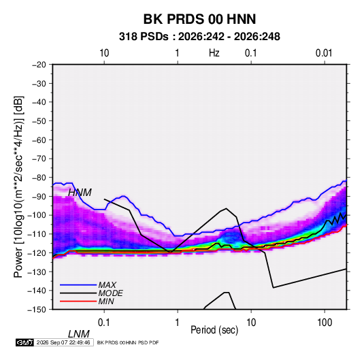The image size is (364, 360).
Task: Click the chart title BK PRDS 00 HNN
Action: [x=199, y=19]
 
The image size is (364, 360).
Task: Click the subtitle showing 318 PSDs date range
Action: [x=199, y=37]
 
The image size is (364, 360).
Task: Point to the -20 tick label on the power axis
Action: [x=39, y=65]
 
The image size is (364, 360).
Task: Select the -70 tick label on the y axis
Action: [x=39, y=159]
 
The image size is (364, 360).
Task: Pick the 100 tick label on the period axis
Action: [x=325, y=323]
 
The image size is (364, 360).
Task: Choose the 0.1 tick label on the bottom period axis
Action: [x=103, y=323]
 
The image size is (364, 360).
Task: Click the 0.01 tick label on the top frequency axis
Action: [x=324, y=53]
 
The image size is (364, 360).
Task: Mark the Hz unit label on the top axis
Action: [x=214, y=53]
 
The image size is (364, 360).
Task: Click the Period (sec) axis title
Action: [x=214, y=330]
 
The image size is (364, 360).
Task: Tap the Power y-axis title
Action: [x=18, y=187]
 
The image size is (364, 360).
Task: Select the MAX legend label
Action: [x=107, y=285]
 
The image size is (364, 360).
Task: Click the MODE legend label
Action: [x=110, y=293]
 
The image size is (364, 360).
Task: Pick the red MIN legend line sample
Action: [x=78, y=301]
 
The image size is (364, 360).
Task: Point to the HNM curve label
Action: [x=80, y=193]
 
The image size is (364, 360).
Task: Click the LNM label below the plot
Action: [x=78, y=334]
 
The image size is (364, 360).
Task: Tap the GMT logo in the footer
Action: [x=25, y=342]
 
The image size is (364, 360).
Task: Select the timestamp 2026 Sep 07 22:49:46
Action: [x=63, y=342]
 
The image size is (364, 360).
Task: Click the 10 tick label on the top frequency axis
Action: [x=104, y=53]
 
